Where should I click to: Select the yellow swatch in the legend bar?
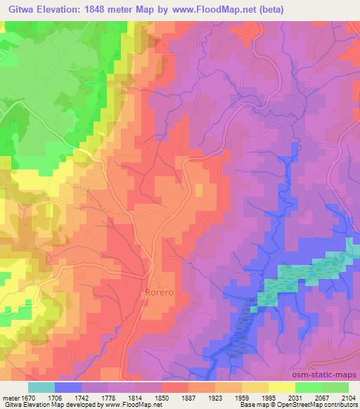(282, 387)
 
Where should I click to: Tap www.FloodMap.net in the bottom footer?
(131, 405)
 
